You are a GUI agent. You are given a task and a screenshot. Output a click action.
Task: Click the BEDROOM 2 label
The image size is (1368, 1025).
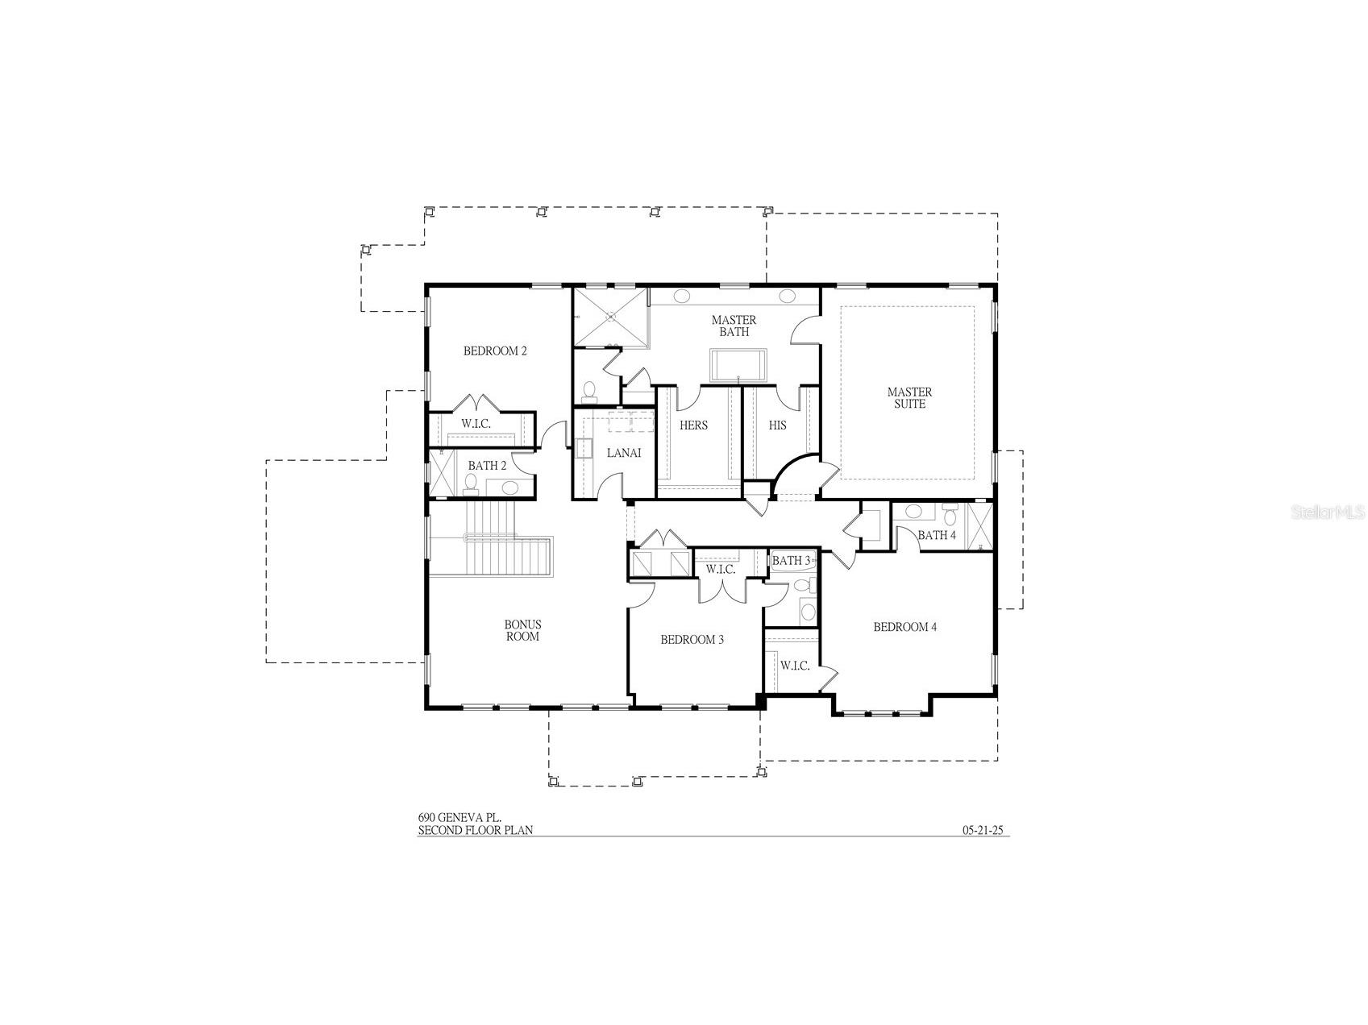pyautogui.click(x=495, y=351)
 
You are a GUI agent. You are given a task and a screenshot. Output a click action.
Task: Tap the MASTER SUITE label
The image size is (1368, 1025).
pyautogui.click(x=909, y=398)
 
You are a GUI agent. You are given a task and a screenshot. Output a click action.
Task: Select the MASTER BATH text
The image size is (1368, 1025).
pyautogui.click(x=734, y=326)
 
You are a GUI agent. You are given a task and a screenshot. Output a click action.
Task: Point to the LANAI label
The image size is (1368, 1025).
pyautogui.click(x=623, y=453)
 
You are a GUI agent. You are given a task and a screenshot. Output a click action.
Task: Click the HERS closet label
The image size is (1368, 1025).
pyautogui.click(x=693, y=425)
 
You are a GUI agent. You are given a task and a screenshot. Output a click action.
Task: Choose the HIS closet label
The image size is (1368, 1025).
pyautogui.click(x=777, y=425)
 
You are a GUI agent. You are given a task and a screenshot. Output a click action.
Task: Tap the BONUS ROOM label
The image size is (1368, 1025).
pyautogui.click(x=522, y=630)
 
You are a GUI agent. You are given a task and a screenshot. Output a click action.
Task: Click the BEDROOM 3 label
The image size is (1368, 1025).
pyautogui.click(x=692, y=640)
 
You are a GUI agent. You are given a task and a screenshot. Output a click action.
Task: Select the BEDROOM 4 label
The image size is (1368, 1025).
pyautogui.click(x=904, y=627)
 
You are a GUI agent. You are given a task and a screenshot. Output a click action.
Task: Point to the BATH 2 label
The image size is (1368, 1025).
pyautogui.click(x=487, y=466)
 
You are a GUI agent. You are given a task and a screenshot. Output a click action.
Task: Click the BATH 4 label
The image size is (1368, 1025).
pyautogui.click(x=937, y=535)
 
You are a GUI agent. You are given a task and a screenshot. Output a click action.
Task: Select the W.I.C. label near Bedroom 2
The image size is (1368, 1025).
pyautogui.click(x=476, y=424)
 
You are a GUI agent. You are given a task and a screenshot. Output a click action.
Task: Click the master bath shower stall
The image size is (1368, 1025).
pyautogui.click(x=609, y=317)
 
